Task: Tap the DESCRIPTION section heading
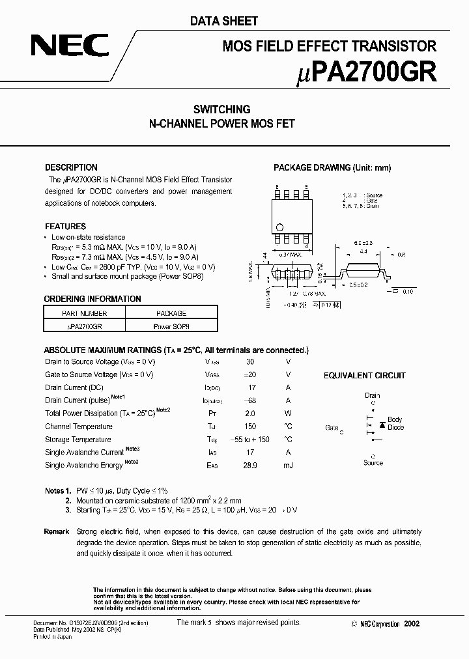coord(71,167)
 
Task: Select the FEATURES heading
coord(65,227)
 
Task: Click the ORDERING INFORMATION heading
coord(92,299)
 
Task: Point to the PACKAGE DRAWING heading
coord(332,167)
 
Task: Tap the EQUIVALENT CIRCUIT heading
coord(365,376)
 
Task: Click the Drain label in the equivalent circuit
coord(373,395)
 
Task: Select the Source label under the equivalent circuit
coord(373,463)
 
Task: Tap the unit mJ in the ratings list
coord(288,466)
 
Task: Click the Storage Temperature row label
coord(78,440)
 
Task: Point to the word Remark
coord(57,532)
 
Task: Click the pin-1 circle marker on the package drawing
coord(279,227)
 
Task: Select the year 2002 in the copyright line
coord(412,624)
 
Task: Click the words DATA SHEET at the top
coord(223,21)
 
